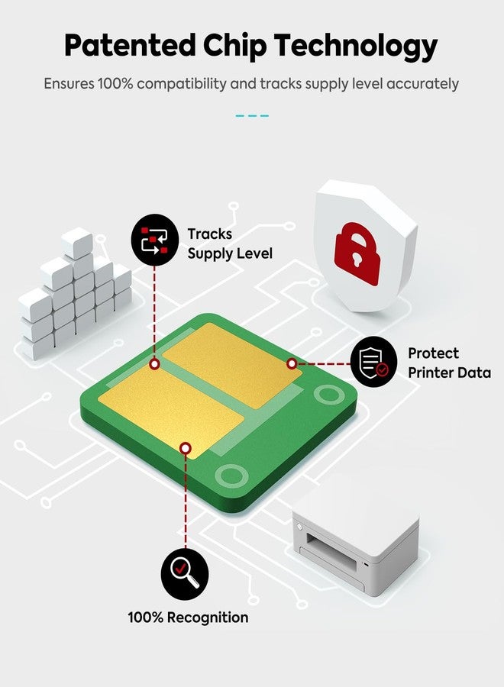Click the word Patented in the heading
(130, 45)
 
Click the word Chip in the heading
(234, 46)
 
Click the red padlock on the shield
(357, 253)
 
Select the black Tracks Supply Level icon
(154, 239)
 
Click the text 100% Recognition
(188, 618)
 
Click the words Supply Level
(230, 253)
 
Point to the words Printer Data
(449, 373)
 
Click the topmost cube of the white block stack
(77, 242)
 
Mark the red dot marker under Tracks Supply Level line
(154, 363)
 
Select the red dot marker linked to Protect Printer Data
(292, 363)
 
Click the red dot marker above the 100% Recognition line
(186, 448)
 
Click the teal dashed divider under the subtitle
(252, 116)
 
